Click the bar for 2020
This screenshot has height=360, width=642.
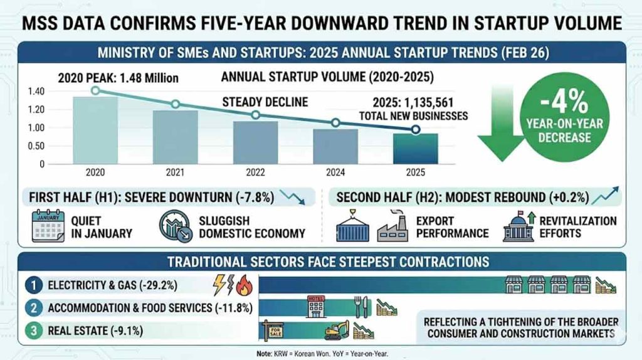[95, 130]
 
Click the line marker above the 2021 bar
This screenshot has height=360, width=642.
[175, 104]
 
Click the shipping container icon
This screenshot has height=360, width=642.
[351, 226]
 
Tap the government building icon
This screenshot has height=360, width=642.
[518, 226]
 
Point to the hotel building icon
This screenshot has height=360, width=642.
[314, 307]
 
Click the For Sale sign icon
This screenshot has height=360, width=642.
[274, 329]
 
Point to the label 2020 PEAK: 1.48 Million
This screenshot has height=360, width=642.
[118, 79]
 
